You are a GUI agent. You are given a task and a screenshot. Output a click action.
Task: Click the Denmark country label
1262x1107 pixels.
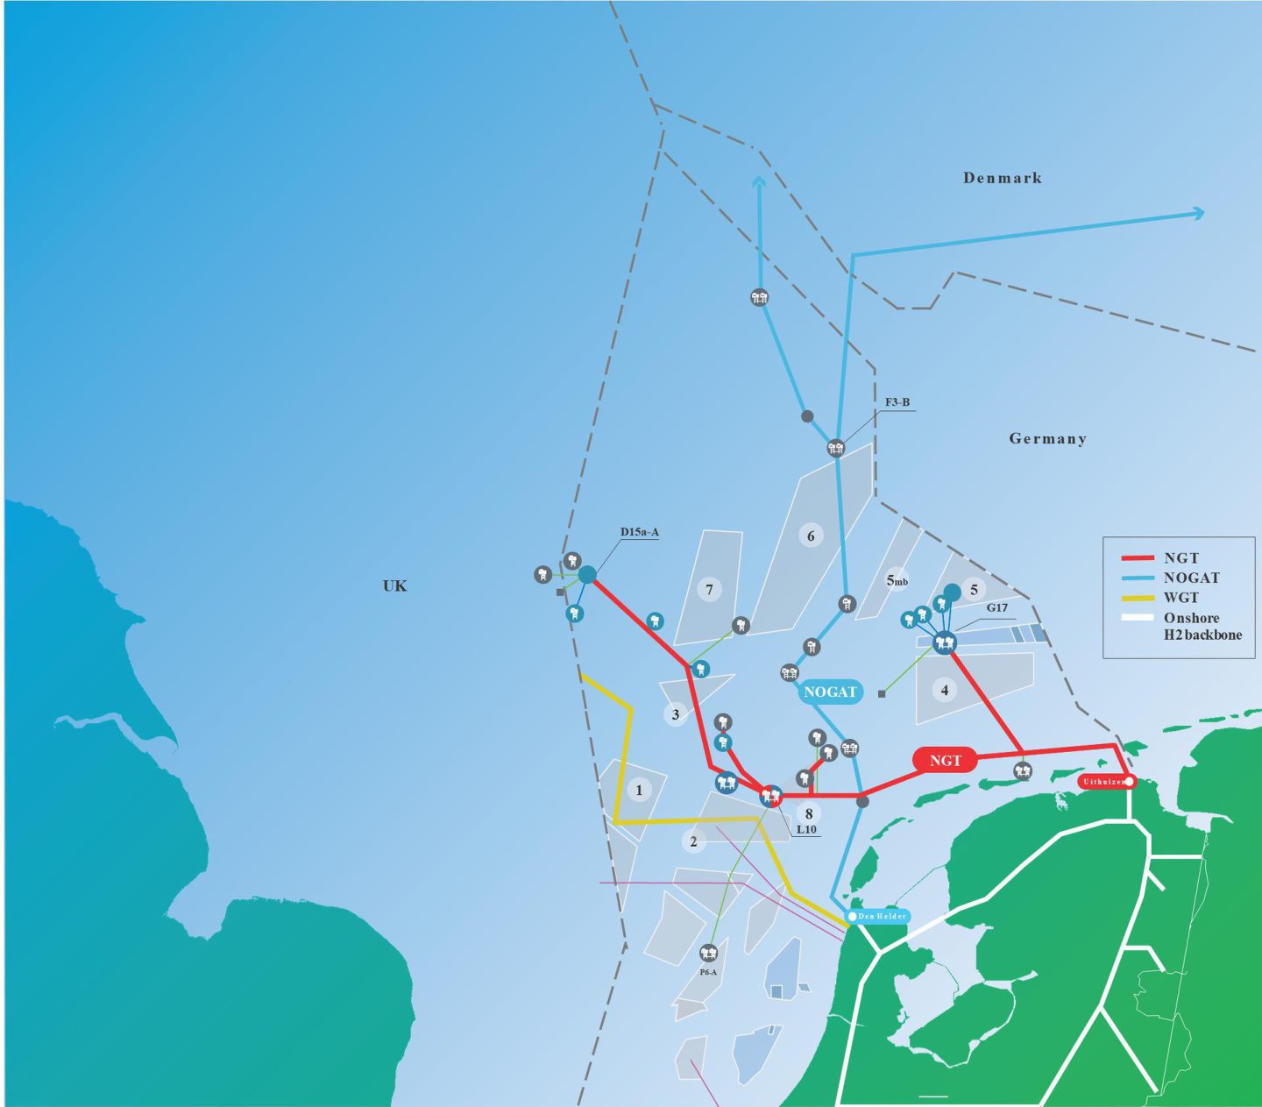[x=1003, y=178]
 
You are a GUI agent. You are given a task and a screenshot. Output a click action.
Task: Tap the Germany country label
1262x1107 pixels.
[x=1047, y=438]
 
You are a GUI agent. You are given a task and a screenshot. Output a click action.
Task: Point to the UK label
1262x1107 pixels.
[x=394, y=585]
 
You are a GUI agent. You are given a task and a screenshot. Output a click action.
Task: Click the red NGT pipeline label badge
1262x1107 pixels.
[x=945, y=760]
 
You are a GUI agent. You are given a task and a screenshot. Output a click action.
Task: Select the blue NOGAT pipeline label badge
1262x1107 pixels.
[x=829, y=692]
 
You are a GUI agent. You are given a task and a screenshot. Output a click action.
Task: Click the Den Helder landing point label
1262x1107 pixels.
[x=880, y=916]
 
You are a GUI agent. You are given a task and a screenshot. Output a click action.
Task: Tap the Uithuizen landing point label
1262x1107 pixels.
[x=1105, y=781]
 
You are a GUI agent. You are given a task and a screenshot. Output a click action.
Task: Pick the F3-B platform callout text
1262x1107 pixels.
[x=897, y=402]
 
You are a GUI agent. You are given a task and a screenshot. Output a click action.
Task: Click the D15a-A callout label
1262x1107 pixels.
[x=639, y=532]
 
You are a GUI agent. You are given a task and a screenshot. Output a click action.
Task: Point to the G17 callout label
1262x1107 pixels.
[x=996, y=607]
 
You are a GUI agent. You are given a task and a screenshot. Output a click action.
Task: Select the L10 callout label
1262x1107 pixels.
[x=806, y=829]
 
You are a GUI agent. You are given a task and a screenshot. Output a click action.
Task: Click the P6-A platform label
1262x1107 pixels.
[x=708, y=972]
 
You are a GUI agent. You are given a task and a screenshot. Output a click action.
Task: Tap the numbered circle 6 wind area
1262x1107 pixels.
[x=811, y=536]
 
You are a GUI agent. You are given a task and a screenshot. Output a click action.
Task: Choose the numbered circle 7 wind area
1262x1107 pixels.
[x=710, y=589]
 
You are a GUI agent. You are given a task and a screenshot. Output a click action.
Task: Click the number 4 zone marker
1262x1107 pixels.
[x=945, y=690]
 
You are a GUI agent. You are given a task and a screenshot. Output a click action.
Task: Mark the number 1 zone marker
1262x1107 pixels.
[x=639, y=790]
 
